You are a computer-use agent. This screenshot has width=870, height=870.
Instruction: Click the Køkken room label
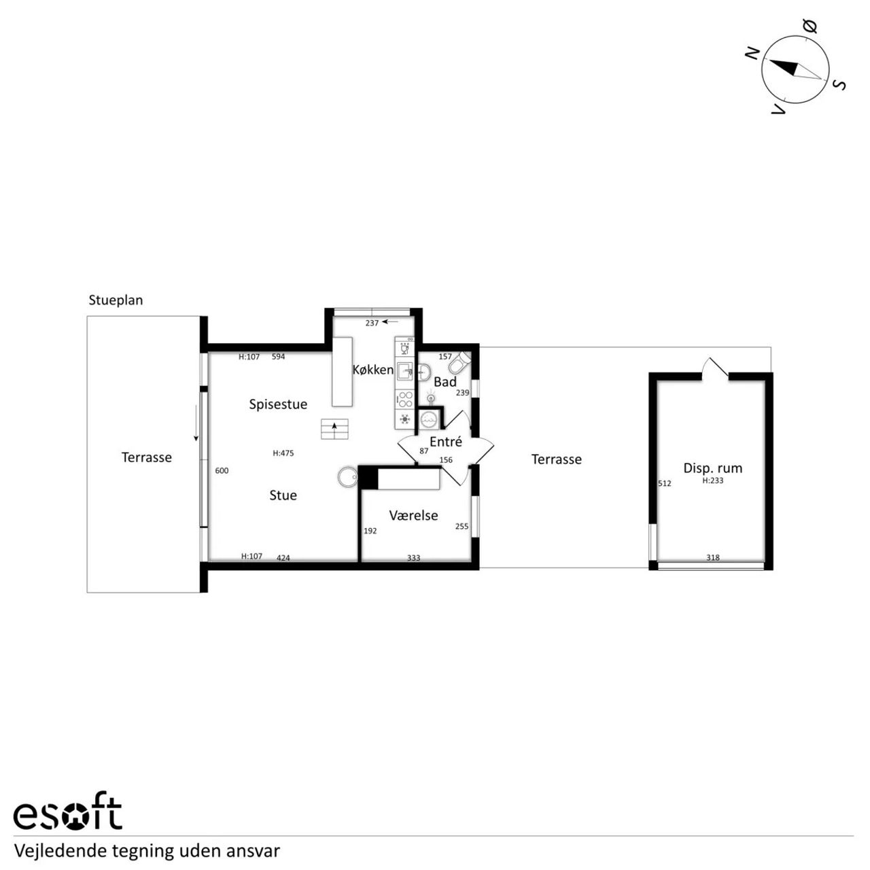click(372, 370)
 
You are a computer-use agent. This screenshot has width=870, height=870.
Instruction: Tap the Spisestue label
click(278, 404)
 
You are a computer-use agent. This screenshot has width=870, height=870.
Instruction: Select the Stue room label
click(283, 495)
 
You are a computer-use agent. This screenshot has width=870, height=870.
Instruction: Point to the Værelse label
click(413, 515)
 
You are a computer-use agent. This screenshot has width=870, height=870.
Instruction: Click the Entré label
click(446, 442)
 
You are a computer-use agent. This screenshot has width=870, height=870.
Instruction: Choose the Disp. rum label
click(713, 468)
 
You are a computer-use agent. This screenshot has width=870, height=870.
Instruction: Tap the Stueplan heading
click(116, 300)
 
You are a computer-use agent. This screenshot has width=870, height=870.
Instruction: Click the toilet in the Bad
click(460, 362)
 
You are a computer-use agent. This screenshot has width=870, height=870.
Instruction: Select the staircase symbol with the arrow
click(334, 429)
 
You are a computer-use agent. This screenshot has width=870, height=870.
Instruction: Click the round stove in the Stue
click(347, 476)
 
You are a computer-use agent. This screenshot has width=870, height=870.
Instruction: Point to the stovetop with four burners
click(405, 400)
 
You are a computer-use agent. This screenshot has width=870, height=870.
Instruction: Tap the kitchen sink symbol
click(405, 370)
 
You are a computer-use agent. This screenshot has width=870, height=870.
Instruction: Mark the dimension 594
click(278, 357)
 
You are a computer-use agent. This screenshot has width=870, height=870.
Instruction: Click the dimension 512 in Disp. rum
click(665, 483)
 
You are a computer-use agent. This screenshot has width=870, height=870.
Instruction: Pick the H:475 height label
click(283, 453)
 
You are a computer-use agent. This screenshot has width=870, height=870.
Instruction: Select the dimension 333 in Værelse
click(413, 558)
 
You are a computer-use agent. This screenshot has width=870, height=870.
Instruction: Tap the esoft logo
click(68, 817)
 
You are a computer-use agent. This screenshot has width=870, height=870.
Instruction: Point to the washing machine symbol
click(427, 419)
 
